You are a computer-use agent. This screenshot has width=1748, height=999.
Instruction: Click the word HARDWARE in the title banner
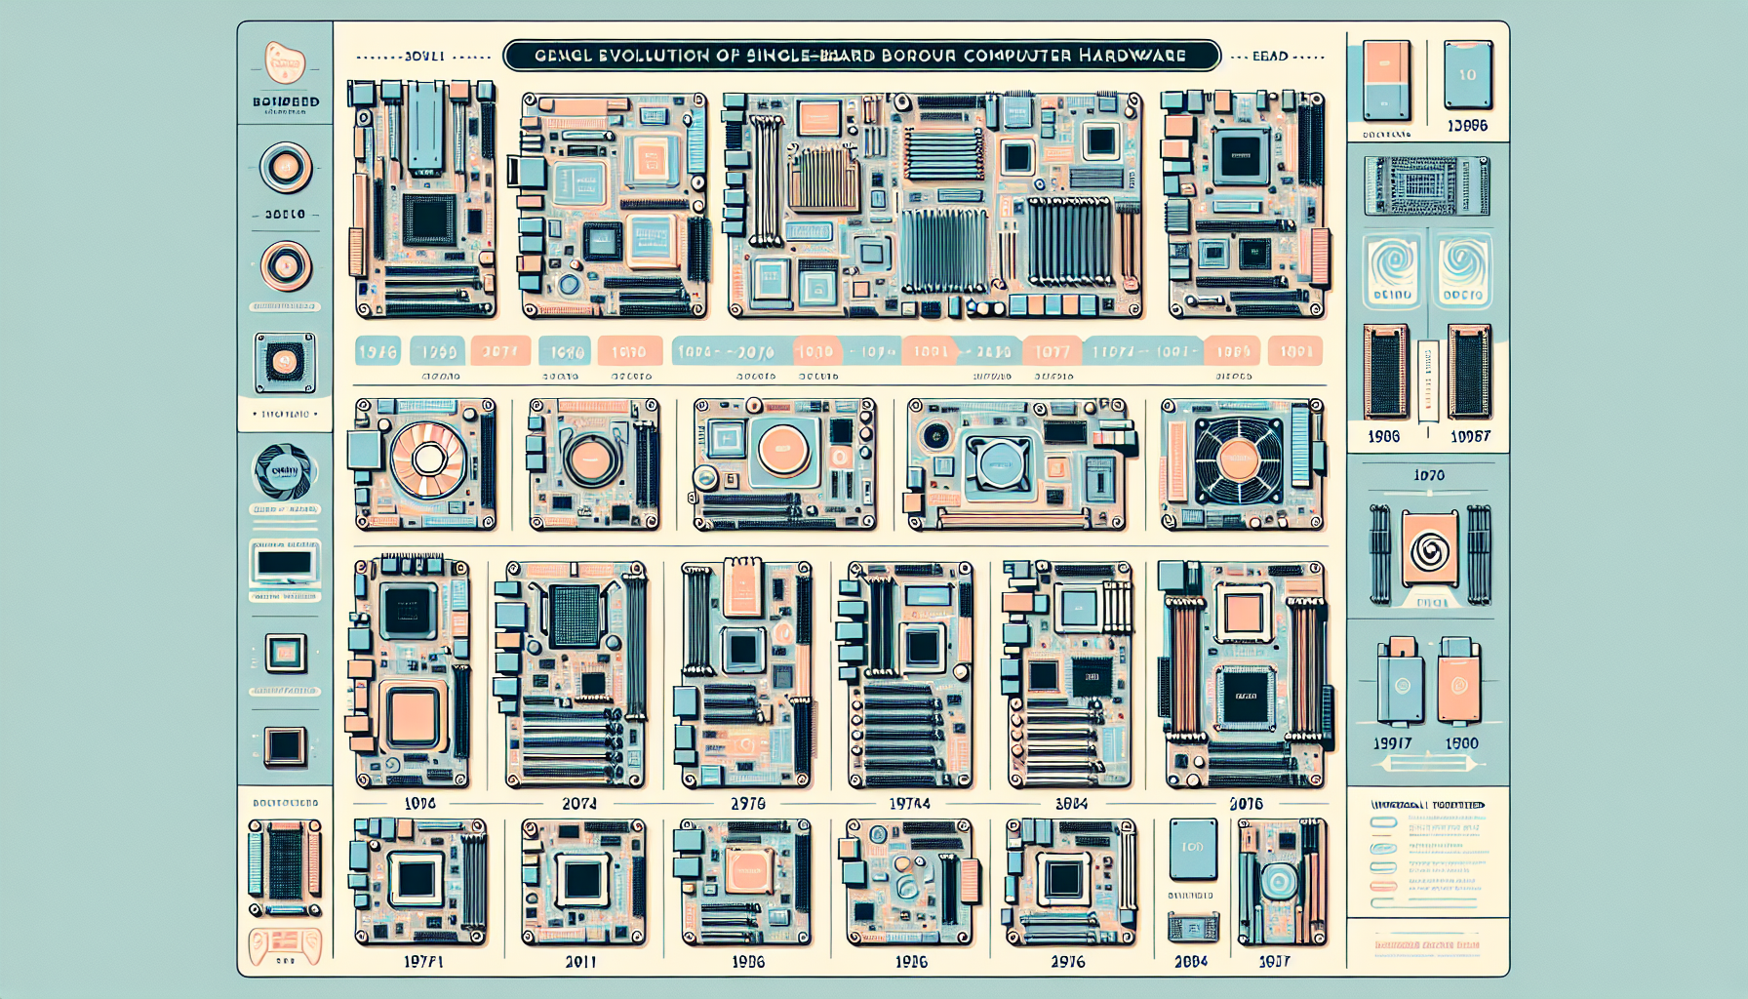click(x=1132, y=56)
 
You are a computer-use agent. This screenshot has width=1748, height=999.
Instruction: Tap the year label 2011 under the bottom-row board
click(x=580, y=962)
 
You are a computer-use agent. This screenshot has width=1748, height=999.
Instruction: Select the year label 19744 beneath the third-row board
click(x=909, y=804)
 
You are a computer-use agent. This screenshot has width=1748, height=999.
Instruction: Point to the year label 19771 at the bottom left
click(x=423, y=962)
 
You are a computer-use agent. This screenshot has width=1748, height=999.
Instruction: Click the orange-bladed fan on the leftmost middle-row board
click(x=427, y=459)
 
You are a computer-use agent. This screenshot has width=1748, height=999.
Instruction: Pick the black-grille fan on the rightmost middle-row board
click(x=1238, y=460)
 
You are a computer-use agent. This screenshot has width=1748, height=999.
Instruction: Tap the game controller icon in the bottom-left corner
click(x=285, y=944)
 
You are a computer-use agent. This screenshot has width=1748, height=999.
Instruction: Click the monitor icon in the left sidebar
click(x=285, y=564)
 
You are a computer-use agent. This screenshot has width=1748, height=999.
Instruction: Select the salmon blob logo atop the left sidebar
click(x=285, y=63)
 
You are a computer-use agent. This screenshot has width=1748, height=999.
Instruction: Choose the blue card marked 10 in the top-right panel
click(x=1467, y=75)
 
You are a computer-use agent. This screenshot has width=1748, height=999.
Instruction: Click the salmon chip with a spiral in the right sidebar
click(x=1429, y=551)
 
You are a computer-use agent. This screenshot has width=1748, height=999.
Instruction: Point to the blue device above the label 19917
click(x=1401, y=682)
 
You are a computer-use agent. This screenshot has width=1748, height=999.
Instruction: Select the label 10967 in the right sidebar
click(x=1470, y=437)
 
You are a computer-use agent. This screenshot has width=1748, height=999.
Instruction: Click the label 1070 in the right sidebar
click(x=1429, y=475)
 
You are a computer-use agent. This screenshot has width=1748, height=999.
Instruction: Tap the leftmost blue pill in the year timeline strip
click(x=377, y=351)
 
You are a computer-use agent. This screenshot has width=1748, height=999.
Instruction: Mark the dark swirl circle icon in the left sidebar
click(x=285, y=472)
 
